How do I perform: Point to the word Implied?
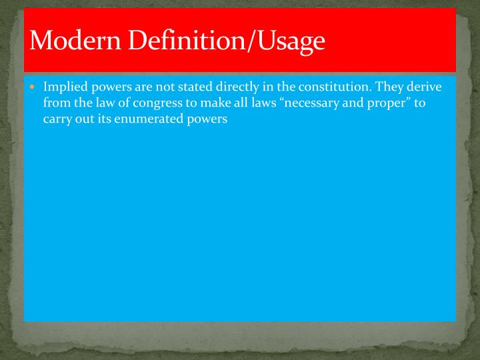point(64,88)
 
